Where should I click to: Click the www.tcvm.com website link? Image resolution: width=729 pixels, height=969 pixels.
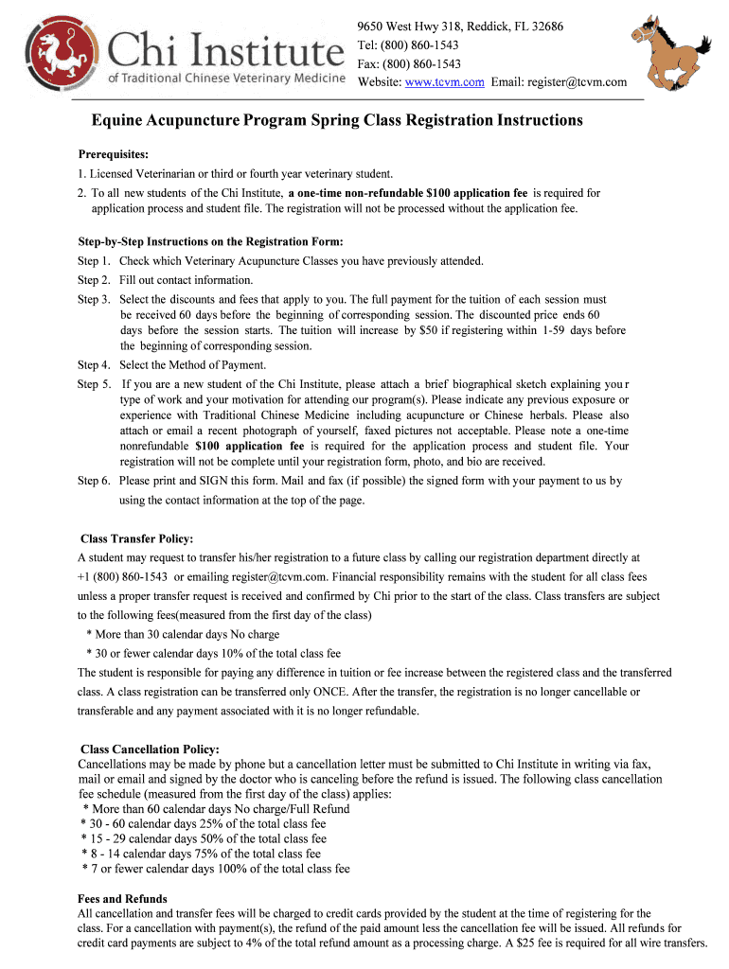click(445, 82)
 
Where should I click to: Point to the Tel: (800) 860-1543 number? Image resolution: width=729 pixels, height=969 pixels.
click(408, 44)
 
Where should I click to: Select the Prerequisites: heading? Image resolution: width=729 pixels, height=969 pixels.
click(113, 154)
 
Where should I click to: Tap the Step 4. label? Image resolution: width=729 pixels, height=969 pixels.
click(94, 365)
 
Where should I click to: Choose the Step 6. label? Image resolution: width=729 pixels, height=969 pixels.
click(94, 481)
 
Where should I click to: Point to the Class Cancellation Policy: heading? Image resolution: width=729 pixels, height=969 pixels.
click(150, 749)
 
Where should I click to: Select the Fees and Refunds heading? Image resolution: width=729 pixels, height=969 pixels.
click(122, 899)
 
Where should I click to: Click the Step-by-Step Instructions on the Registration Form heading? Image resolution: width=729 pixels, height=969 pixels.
click(209, 241)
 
